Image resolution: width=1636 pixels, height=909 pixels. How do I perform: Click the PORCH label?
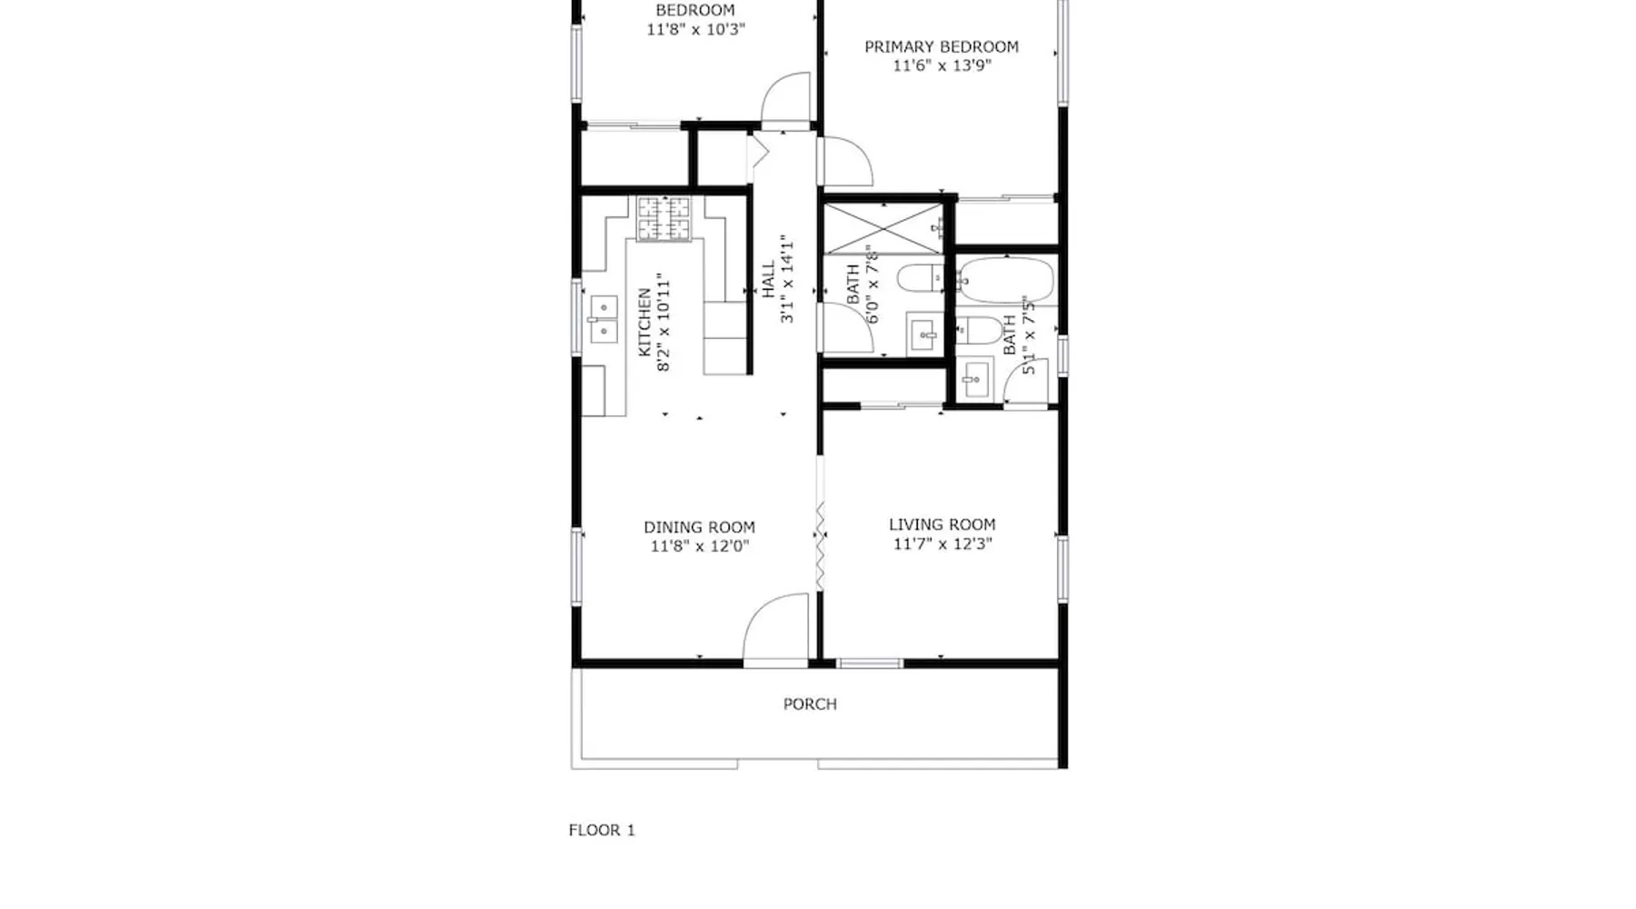810,704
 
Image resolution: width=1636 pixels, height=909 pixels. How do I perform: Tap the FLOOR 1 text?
602,830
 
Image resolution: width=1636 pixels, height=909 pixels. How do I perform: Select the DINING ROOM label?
699,527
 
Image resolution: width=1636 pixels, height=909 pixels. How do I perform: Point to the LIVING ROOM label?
942,524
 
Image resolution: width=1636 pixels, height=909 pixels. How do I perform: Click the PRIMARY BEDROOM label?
941,46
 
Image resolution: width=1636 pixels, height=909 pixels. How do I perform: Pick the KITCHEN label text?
644,323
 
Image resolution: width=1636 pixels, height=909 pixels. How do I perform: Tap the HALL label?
769,280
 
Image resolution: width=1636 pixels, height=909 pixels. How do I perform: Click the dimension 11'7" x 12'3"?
943,544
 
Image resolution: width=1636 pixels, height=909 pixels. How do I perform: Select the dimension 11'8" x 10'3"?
695,29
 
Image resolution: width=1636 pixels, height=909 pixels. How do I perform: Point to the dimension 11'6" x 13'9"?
942,65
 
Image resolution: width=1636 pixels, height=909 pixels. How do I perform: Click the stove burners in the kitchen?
663,219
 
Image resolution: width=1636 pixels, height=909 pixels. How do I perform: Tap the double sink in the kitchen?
604,318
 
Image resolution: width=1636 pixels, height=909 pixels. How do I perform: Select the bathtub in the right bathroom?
1005,281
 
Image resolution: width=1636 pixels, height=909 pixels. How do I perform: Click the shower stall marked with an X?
883,229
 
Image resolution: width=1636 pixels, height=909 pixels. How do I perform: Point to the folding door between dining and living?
820,543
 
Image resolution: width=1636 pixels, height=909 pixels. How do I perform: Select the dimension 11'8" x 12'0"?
700,546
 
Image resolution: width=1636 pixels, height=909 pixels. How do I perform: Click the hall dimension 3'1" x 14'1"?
787,280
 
